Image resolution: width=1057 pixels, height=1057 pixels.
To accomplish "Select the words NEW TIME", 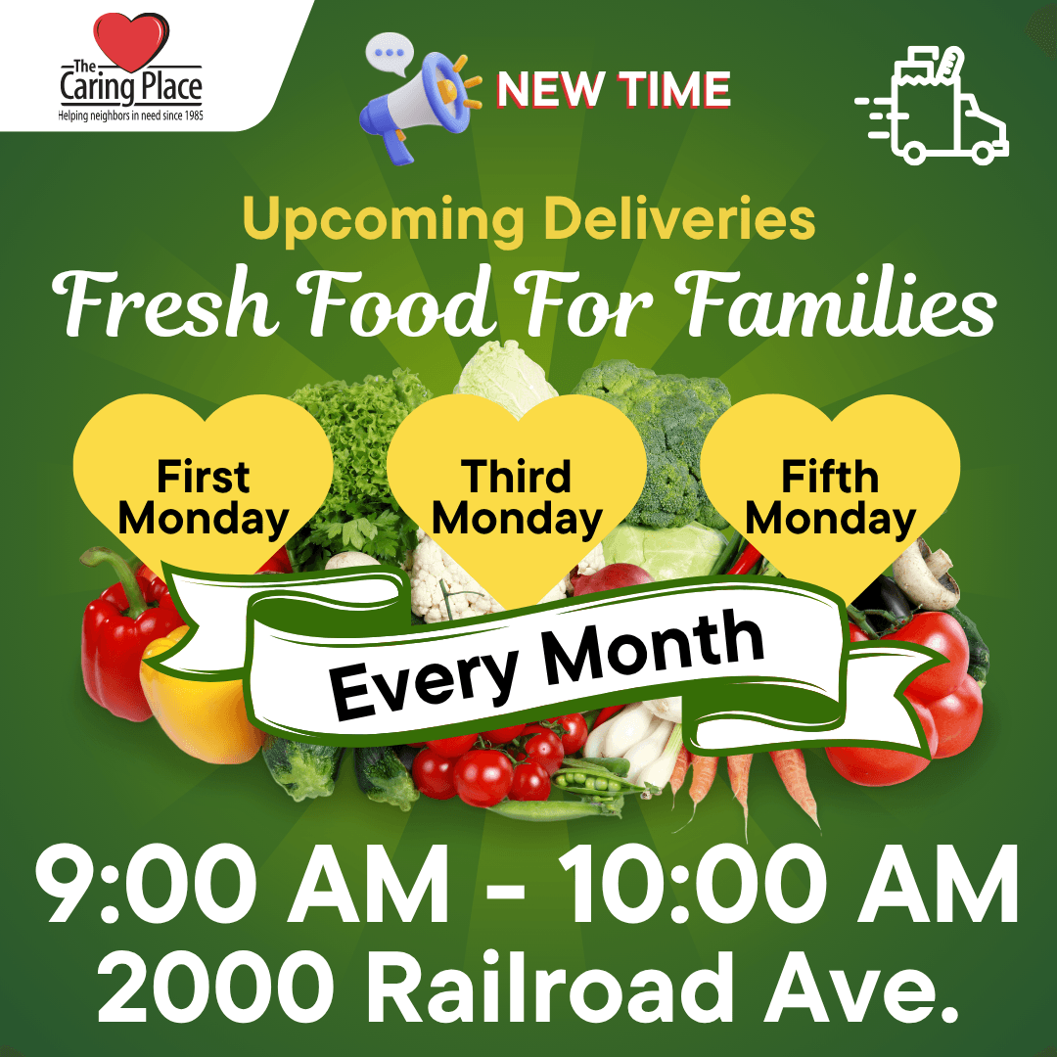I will point(614,90).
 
